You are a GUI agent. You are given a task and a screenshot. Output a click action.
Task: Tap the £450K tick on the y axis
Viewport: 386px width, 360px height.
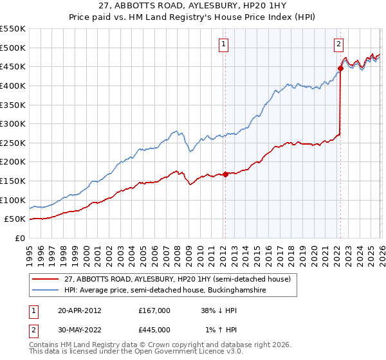(x=13, y=66)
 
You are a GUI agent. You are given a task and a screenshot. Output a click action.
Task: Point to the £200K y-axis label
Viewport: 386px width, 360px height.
(x=13, y=161)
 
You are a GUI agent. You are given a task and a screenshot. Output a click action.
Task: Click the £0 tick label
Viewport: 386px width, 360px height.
(x=19, y=238)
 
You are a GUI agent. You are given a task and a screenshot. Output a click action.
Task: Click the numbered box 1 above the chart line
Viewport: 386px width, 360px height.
(x=224, y=44)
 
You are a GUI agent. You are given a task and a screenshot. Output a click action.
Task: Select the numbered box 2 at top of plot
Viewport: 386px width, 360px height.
(x=338, y=44)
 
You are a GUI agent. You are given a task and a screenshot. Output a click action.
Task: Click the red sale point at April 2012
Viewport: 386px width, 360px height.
(x=225, y=174)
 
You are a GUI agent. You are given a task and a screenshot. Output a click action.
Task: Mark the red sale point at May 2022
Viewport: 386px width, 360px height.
(x=340, y=68)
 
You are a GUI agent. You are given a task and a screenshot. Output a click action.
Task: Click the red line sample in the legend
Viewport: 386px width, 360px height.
(x=46, y=279)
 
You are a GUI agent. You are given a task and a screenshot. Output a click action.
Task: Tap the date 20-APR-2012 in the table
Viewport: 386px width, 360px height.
(x=79, y=310)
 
